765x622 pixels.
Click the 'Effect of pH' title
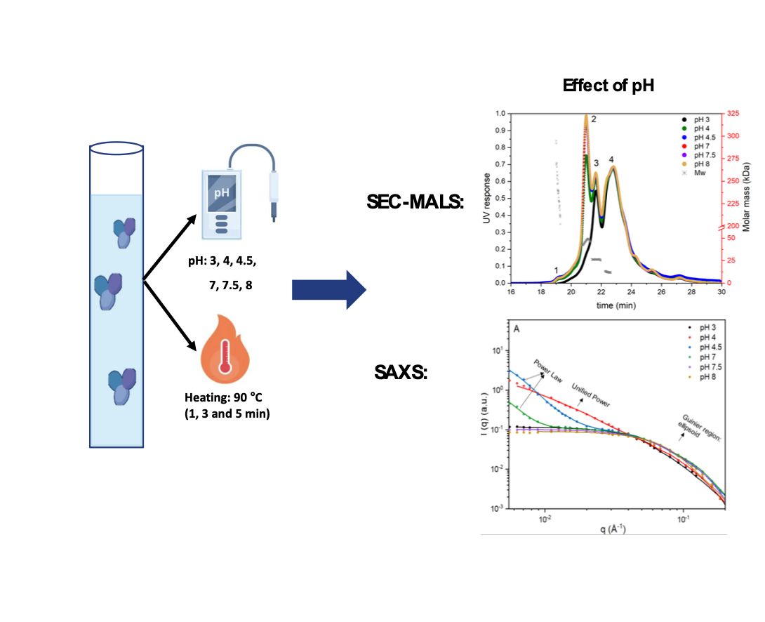click(x=608, y=87)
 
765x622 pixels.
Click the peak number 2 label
click(x=594, y=119)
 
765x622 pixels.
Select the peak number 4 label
click(x=611, y=160)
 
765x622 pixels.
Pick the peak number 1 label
click(x=556, y=270)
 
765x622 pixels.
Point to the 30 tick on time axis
click(x=722, y=292)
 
